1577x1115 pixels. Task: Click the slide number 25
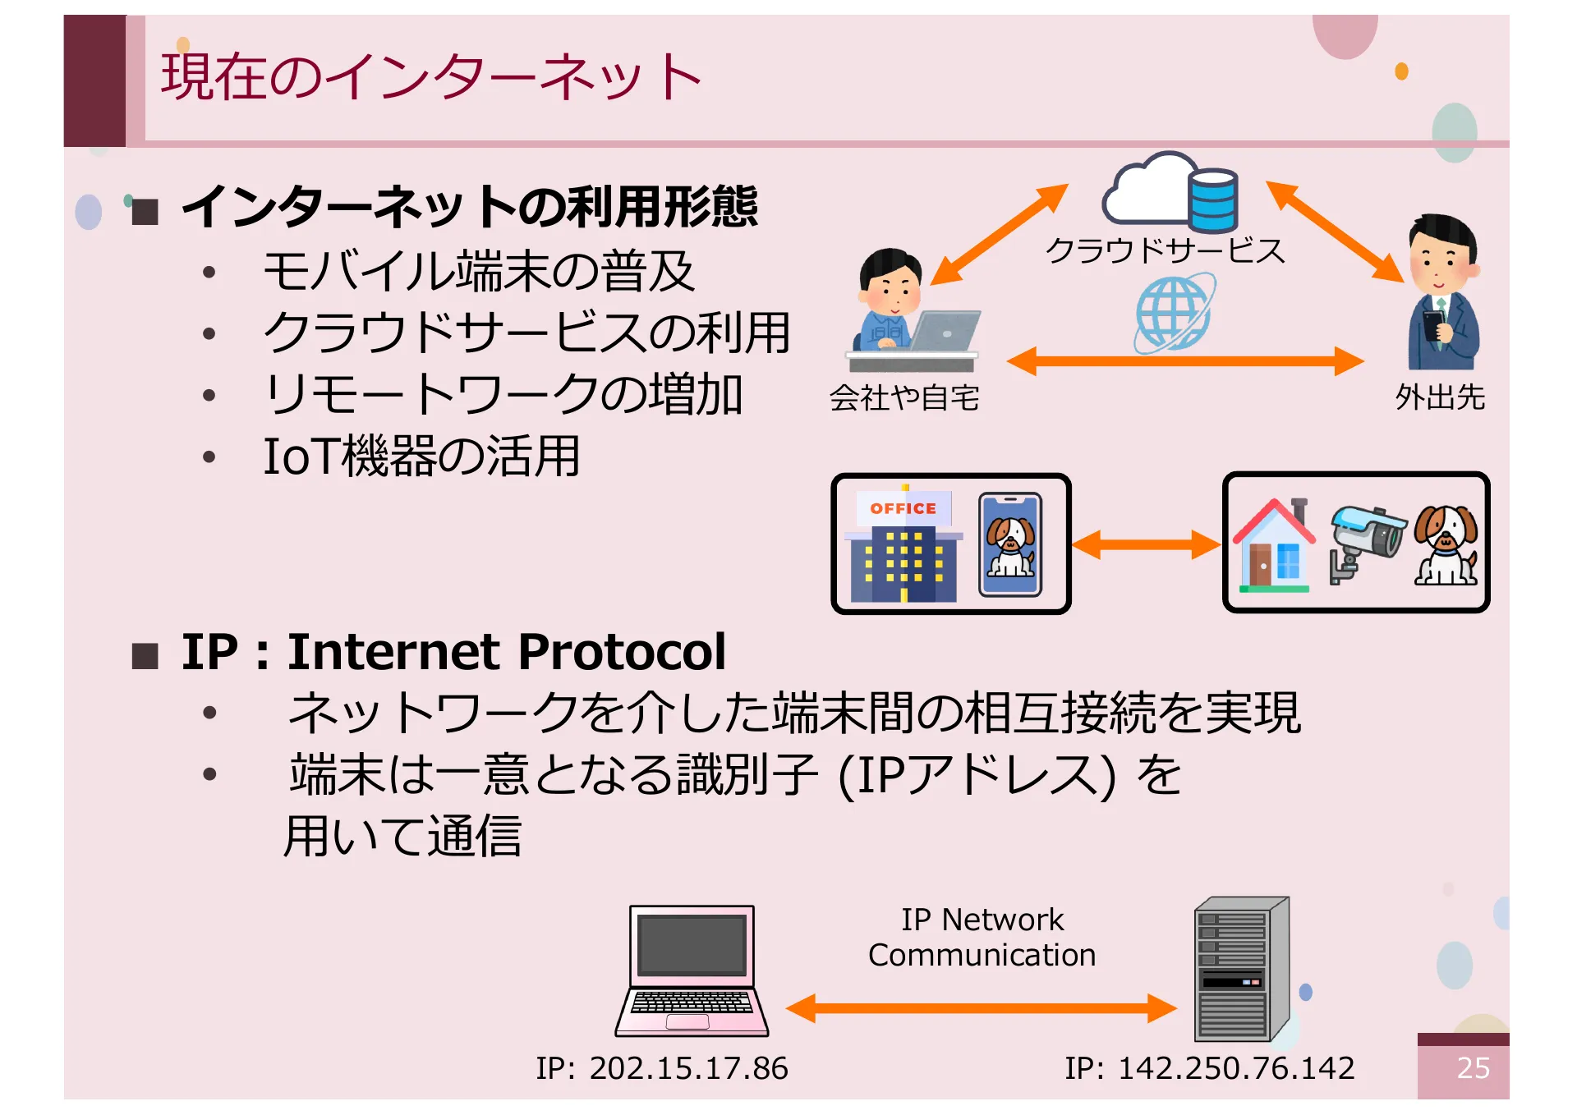click(x=1472, y=1067)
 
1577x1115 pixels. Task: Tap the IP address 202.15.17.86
click(x=662, y=1067)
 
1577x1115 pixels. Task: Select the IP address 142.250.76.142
click(x=1209, y=1067)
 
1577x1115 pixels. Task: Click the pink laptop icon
click(x=692, y=970)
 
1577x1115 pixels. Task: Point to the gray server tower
click(x=1240, y=969)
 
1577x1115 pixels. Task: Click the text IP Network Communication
click(x=982, y=937)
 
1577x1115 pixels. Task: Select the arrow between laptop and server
click(x=982, y=1007)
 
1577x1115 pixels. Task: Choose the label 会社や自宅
click(x=903, y=397)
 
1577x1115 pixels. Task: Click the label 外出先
click(x=1439, y=397)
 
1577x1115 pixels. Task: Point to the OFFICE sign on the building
click(x=903, y=508)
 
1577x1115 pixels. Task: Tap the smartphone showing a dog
click(x=1010, y=544)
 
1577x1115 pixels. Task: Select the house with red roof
click(x=1273, y=545)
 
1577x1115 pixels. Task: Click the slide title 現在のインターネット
click(x=431, y=76)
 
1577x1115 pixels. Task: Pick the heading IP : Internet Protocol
click(x=453, y=652)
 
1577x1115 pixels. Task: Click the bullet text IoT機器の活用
click(x=421, y=457)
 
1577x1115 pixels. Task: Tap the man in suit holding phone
click(x=1443, y=293)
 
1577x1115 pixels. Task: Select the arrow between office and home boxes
click(x=1146, y=544)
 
